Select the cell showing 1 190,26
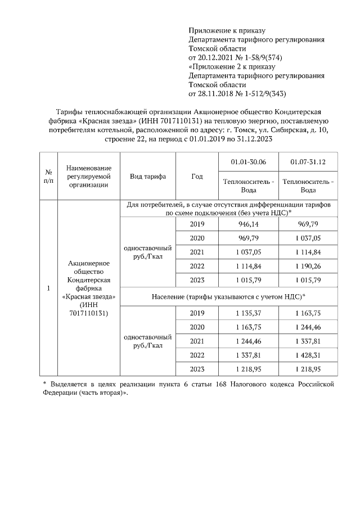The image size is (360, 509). (x=308, y=266)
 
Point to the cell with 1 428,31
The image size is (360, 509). (x=308, y=355)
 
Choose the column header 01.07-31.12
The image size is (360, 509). (x=308, y=162)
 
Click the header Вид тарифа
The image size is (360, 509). (x=147, y=176)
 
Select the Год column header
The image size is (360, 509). (x=197, y=176)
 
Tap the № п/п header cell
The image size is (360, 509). (x=48, y=176)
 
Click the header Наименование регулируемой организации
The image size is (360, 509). (x=88, y=176)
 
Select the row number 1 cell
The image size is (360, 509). (x=48, y=288)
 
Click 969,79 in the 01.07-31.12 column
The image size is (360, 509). (x=308, y=224)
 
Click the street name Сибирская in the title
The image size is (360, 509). (x=288, y=130)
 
